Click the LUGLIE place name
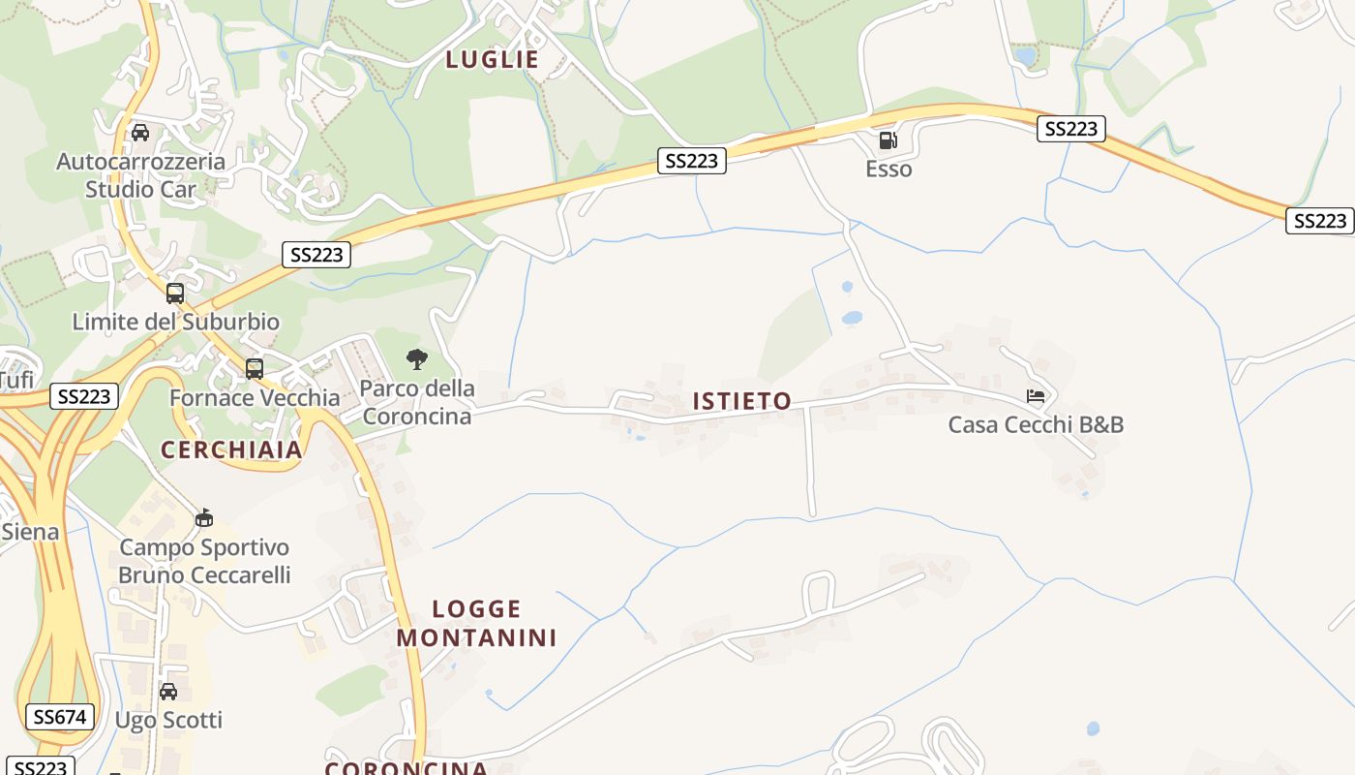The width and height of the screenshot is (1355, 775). pyautogui.click(x=492, y=60)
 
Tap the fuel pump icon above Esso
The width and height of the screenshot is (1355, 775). pyautogui.click(x=888, y=141)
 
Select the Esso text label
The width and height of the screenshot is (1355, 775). pyautogui.click(x=888, y=170)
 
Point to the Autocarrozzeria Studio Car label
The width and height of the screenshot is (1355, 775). pyautogui.click(x=140, y=175)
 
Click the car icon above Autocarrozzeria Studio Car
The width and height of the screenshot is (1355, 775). pyautogui.click(x=140, y=133)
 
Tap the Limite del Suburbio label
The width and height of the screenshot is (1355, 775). pyautogui.click(x=175, y=322)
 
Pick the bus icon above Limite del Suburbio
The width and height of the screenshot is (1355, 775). pyautogui.click(x=175, y=294)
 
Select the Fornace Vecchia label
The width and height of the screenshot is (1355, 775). pyautogui.click(x=255, y=398)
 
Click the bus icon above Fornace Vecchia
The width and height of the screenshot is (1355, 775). pyautogui.click(x=255, y=369)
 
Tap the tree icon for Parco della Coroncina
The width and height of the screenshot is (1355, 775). pyautogui.click(x=417, y=360)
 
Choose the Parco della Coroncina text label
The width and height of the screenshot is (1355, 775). pyautogui.click(x=417, y=402)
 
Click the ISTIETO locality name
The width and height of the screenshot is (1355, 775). pyautogui.click(x=741, y=401)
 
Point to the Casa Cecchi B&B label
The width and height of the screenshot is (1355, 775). pyautogui.click(x=1036, y=424)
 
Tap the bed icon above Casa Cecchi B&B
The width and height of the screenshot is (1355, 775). pyautogui.click(x=1036, y=396)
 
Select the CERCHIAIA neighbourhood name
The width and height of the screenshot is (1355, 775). pyautogui.click(x=231, y=450)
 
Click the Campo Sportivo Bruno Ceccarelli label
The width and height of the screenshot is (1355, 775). pyautogui.click(x=204, y=561)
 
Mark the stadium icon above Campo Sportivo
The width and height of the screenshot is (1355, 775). pyautogui.click(x=204, y=518)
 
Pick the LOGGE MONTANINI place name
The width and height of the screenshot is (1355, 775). pyautogui.click(x=476, y=623)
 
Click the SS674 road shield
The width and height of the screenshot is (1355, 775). pyautogui.click(x=60, y=717)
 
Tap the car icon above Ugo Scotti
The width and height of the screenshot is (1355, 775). pyautogui.click(x=168, y=692)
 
